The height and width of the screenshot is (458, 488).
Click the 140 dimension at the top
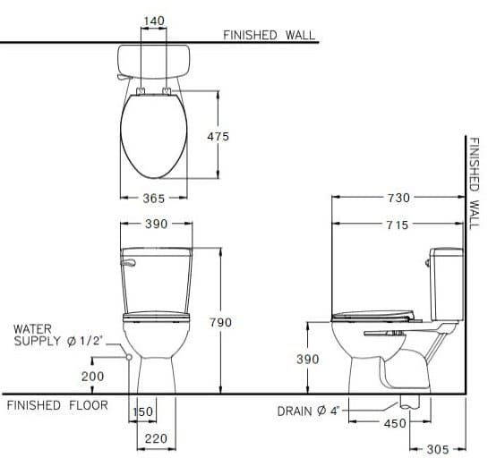[155, 19]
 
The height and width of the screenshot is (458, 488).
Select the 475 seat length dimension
[217, 136]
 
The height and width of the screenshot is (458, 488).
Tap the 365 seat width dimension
[154, 199]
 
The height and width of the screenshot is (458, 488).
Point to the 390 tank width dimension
[156, 225]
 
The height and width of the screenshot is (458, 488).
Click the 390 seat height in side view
[308, 359]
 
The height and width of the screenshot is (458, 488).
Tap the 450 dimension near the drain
[395, 424]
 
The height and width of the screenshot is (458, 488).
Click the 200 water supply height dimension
[92, 377]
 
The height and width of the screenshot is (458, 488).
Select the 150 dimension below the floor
[143, 411]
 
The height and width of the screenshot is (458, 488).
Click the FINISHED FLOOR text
[56, 405]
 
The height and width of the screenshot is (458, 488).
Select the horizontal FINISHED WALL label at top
[269, 35]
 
